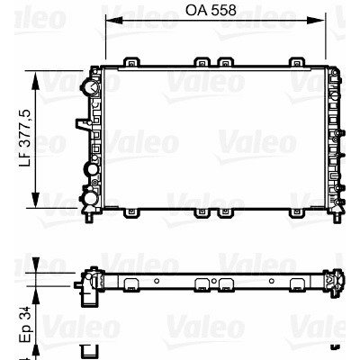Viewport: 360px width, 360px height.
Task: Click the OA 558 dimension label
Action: coord(211,11)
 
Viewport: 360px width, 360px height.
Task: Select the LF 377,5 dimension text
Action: coord(25,138)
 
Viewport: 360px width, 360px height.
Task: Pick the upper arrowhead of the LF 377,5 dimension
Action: coord(35,81)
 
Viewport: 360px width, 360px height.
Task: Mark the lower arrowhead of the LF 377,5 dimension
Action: coord(35,199)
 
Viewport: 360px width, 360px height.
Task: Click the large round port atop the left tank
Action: coord(91,87)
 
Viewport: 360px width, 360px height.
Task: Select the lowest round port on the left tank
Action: coord(90,198)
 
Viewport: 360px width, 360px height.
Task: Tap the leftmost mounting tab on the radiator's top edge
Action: coord(132,62)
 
